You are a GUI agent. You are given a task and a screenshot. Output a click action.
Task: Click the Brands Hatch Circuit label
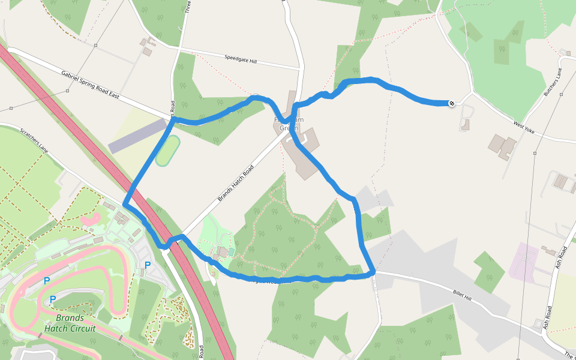70,323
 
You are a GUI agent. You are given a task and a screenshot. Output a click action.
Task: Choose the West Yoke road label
524,128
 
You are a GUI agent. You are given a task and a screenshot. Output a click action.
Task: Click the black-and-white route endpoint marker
451,103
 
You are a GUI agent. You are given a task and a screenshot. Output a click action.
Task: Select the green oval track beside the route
167,151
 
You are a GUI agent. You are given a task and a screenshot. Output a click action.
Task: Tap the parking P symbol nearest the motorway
148,265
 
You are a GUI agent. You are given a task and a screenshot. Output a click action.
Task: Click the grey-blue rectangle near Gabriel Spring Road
137,136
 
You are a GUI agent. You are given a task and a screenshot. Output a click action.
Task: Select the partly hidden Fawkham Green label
289,120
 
